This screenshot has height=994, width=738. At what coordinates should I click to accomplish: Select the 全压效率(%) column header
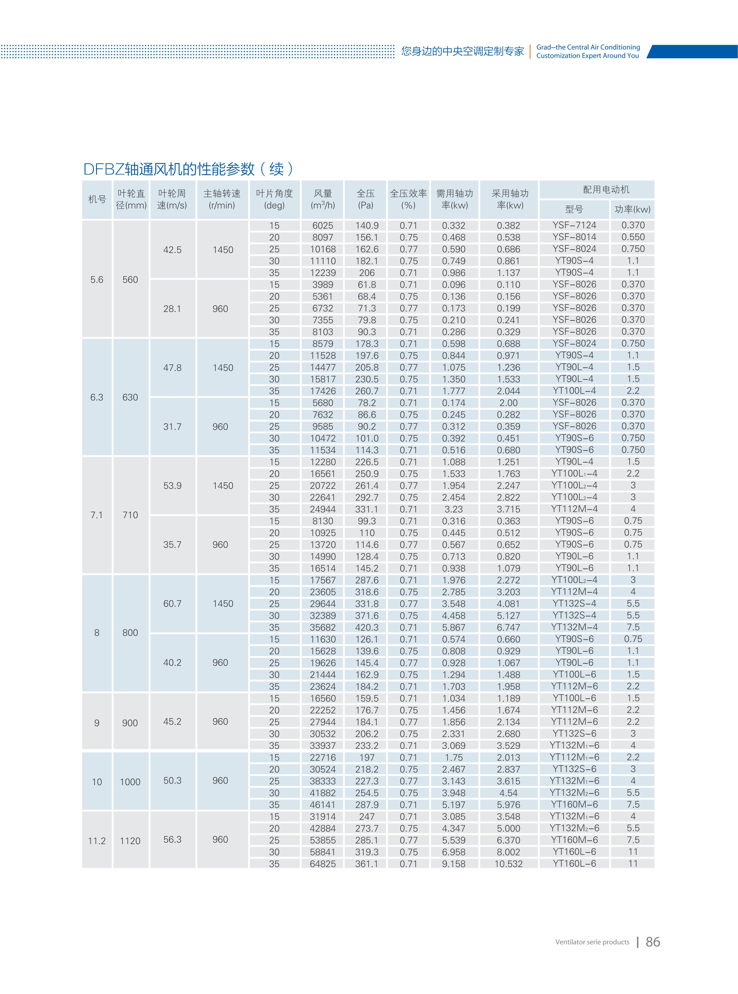[408, 200]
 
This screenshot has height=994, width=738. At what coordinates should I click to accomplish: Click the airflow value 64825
[322, 864]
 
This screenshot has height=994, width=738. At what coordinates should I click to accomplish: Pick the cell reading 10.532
[508, 864]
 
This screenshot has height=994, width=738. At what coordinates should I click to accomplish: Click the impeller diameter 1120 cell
[130, 841]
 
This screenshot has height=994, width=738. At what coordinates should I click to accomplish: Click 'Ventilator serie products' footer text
[592, 942]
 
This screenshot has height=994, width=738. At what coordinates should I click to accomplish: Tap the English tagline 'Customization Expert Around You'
[588, 56]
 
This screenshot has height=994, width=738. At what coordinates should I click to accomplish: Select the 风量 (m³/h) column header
[322, 200]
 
